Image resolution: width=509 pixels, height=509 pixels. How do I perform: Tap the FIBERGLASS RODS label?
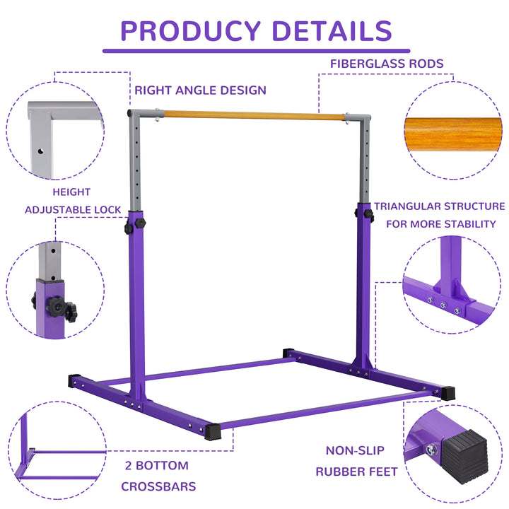tap(387, 64)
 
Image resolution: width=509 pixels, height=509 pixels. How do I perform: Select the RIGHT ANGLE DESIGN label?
tap(201, 90)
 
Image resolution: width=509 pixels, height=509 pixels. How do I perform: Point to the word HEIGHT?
tap(71, 192)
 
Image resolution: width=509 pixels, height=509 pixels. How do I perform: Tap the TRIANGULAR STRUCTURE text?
tap(439, 206)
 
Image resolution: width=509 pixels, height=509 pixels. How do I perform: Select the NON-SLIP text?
tap(355, 450)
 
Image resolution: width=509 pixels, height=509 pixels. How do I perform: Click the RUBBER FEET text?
tap(355, 472)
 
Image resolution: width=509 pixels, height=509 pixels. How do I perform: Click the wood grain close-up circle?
tap(452, 135)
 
